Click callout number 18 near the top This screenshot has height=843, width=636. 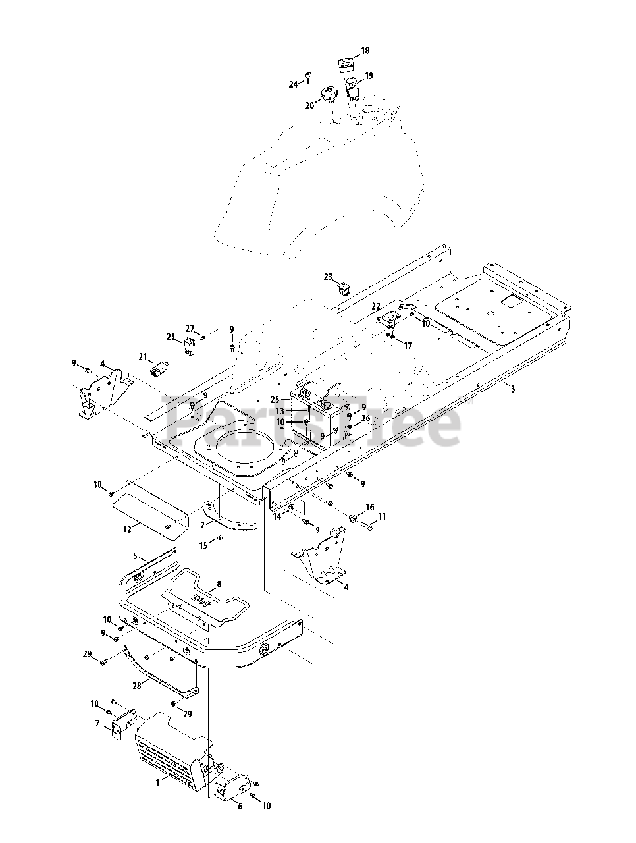click(365, 51)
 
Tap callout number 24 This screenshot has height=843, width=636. click(293, 84)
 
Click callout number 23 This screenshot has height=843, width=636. click(328, 277)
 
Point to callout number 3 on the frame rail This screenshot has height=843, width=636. click(512, 389)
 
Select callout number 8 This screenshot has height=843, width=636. click(219, 584)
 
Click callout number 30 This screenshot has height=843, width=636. click(97, 485)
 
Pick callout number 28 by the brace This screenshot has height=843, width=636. click(137, 685)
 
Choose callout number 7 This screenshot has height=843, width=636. click(97, 724)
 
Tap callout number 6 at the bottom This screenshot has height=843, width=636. click(240, 806)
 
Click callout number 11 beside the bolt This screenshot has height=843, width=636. click(382, 518)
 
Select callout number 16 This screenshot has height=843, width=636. click(370, 508)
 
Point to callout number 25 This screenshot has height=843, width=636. click(275, 399)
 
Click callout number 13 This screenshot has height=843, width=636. click(279, 410)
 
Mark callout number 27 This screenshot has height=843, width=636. click(190, 329)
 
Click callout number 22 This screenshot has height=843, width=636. click(375, 306)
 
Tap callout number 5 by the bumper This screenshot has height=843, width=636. click(136, 557)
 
